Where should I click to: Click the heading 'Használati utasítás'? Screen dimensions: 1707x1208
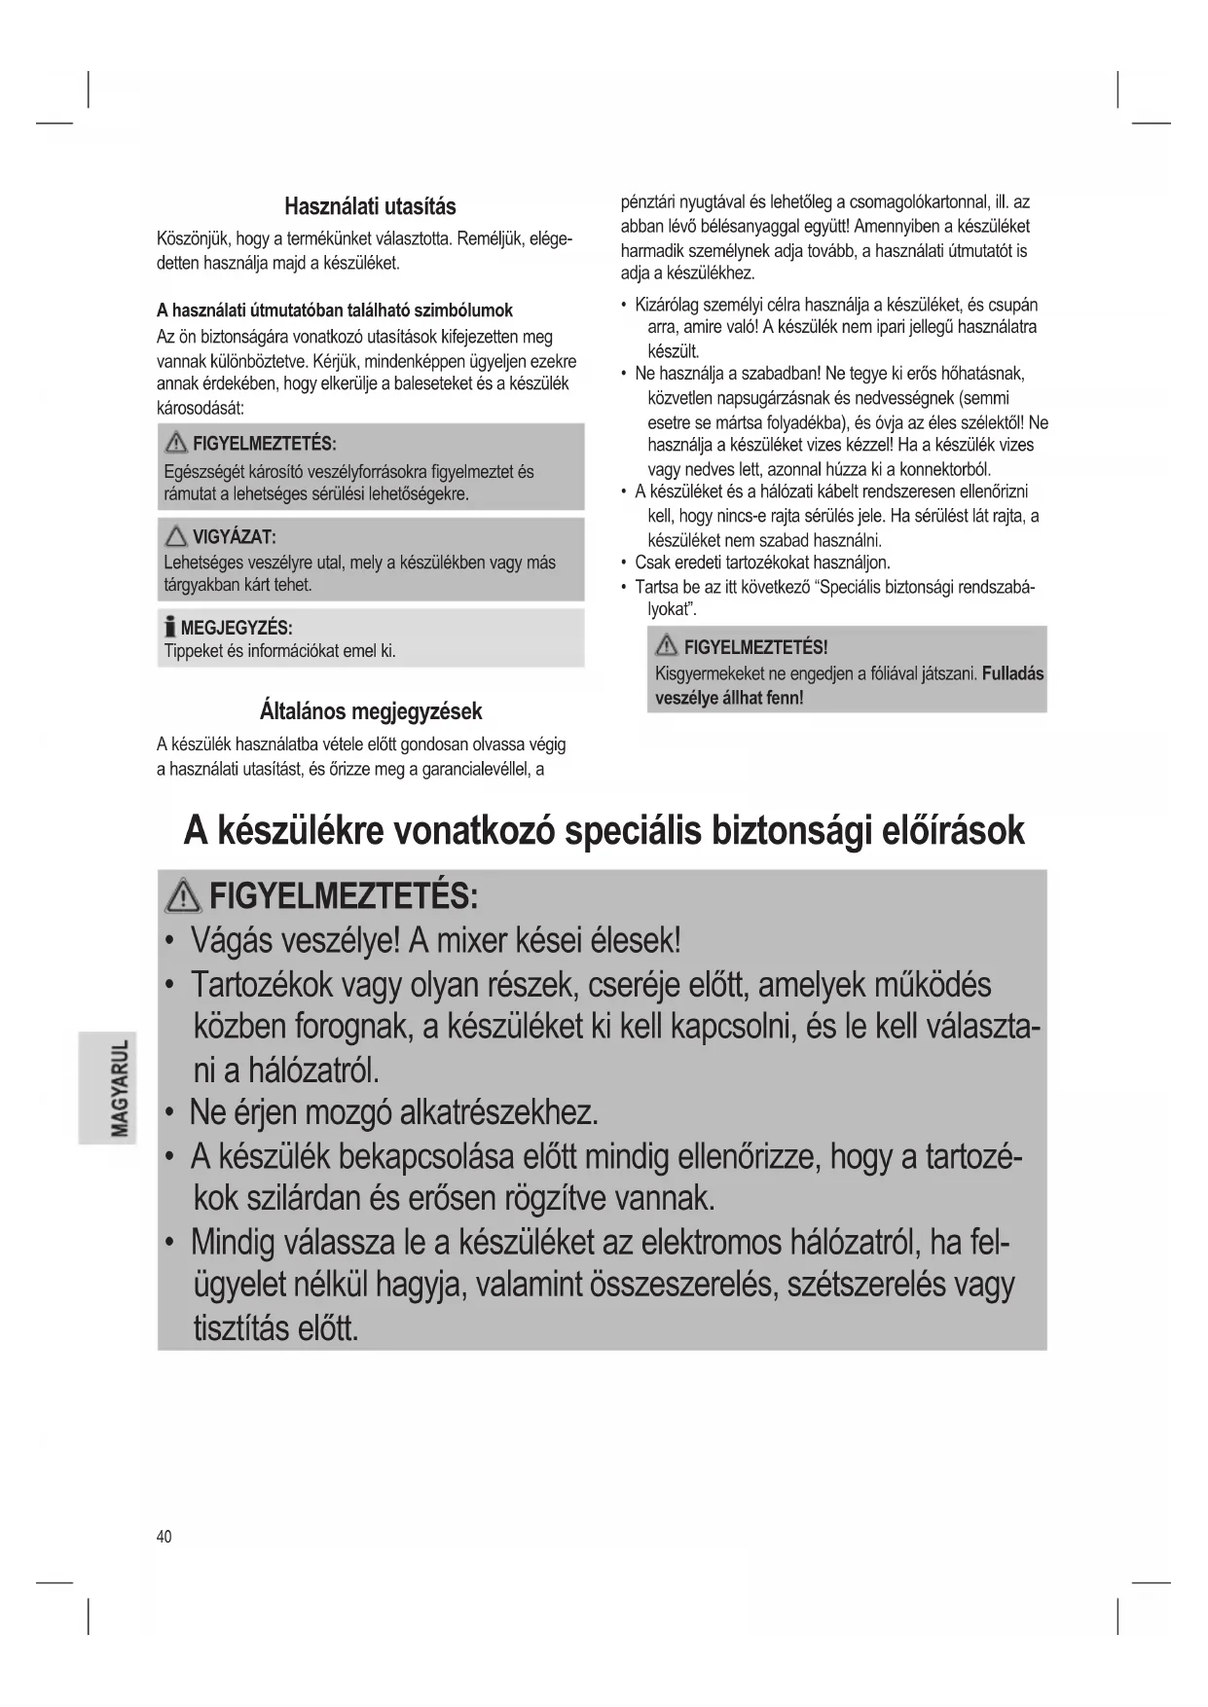370,206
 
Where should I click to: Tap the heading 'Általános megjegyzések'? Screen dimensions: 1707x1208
371,711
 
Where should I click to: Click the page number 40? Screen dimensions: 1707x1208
164,1536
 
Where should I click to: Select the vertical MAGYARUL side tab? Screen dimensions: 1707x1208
108,1086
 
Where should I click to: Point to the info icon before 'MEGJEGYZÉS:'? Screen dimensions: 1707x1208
170,627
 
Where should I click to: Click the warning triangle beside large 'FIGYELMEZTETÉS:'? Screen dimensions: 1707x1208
183,894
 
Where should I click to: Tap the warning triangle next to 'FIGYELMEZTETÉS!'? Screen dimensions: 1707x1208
667,647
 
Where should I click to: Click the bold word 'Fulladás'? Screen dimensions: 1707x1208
1012,673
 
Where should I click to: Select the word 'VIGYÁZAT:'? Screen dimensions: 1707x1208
235,537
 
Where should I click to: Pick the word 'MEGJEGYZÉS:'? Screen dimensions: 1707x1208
237,628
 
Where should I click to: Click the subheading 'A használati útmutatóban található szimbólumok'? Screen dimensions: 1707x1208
335,310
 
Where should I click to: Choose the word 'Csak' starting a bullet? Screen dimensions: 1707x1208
651,563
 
